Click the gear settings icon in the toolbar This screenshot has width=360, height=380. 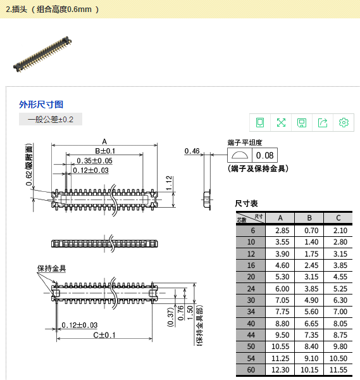[x=344, y=123]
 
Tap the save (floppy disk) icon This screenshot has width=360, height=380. [x=302, y=123]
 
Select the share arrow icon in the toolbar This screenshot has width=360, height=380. [x=323, y=123]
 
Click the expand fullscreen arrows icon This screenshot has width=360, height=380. [x=281, y=123]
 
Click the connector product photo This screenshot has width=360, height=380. [x=42, y=54]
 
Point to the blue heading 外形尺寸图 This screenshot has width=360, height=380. [x=41, y=104]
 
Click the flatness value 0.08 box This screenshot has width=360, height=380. [x=264, y=155]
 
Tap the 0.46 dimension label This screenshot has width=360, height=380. [x=192, y=151]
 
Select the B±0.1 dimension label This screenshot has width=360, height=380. [x=105, y=151]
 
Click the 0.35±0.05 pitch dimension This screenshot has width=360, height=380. [x=94, y=161]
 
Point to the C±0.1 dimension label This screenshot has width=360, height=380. [x=104, y=335]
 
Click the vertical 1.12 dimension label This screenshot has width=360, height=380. [x=169, y=183]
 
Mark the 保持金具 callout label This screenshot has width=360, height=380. [x=51, y=269]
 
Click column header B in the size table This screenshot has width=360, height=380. [x=309, y=218]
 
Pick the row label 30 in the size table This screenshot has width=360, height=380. [x=251, y=300]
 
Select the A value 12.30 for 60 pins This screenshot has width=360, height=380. [x=280, y=370]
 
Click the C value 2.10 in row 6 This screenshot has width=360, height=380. [x=340, y=231]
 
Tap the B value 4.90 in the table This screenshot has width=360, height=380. [x=311, y=300]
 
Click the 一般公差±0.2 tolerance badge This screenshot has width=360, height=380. [x=51, y=119]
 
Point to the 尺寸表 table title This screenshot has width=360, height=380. [x=246, y=203]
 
